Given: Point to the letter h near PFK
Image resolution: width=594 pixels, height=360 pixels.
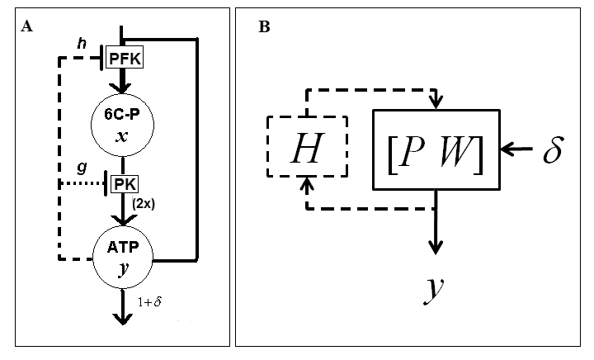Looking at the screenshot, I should coord(81,44).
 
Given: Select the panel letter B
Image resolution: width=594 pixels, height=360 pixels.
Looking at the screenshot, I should coord(263,26).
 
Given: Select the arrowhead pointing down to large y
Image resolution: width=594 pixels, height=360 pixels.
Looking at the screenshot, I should coord(436,248).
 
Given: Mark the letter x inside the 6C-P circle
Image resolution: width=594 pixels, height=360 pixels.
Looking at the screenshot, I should coord(122,136).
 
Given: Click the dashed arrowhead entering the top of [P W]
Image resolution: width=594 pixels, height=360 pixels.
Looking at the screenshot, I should coord(436,102).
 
